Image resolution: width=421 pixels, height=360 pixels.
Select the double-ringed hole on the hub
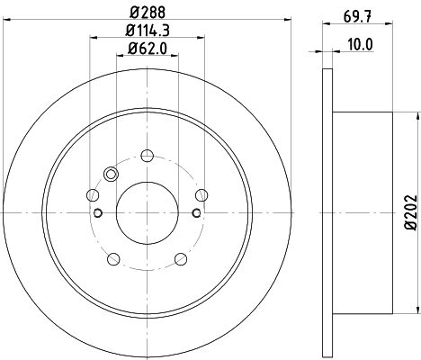click(112, 175)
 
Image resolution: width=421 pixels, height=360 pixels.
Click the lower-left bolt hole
click(113, 259)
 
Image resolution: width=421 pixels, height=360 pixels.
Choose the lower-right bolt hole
click(180, 259)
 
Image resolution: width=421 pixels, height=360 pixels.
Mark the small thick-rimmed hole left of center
click(98, 212)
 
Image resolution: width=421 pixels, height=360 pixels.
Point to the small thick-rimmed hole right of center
click(196, 212)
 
